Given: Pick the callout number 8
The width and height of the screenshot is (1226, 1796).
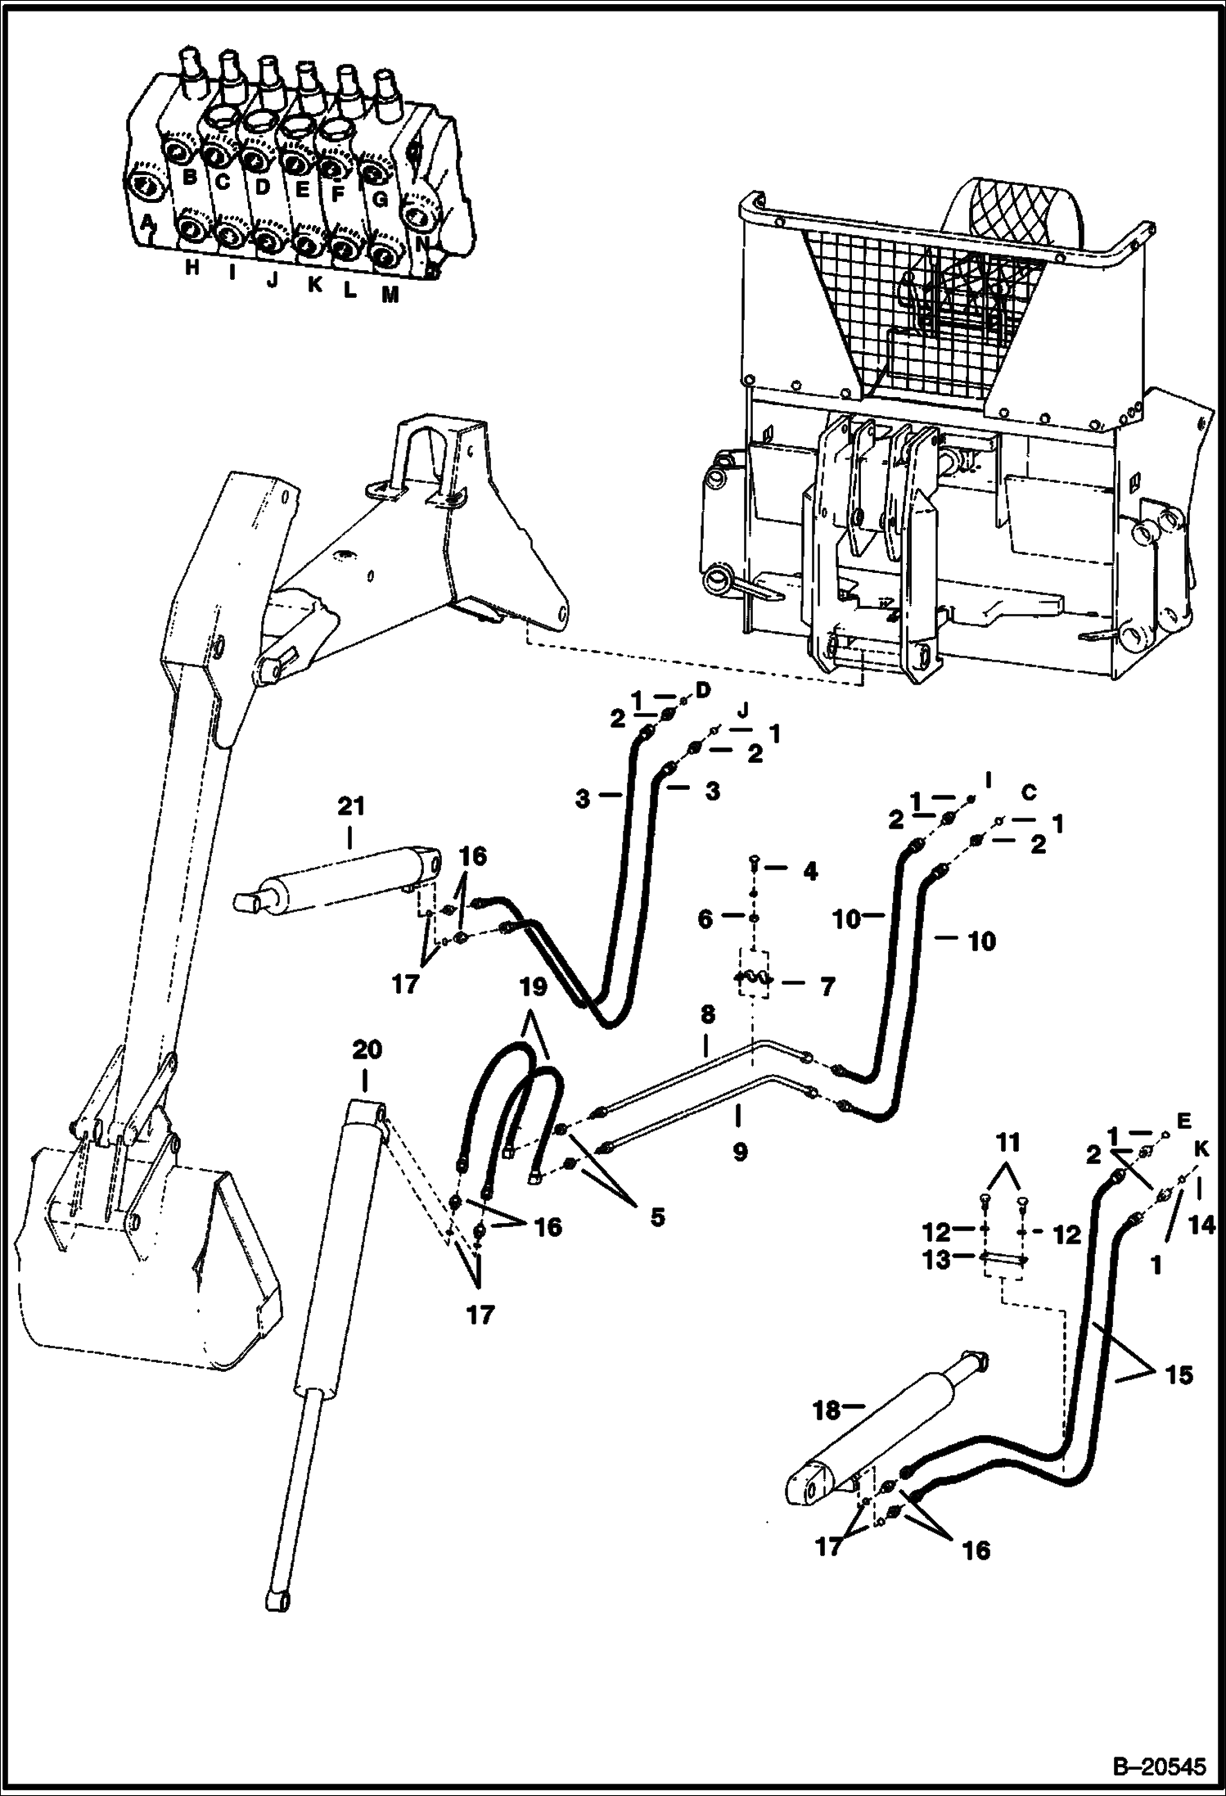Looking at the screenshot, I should (x=707, y=1016).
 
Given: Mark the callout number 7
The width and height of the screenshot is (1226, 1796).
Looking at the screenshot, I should (x=827, y=986).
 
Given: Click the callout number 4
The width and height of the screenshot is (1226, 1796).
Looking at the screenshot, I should (x=809, y=872).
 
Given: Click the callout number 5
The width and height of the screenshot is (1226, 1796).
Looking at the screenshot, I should (x=652, y=1217).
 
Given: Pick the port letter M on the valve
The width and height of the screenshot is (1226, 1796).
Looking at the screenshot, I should (x=390, y=295).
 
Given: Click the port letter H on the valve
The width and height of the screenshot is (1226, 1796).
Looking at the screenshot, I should (x=192, y=268).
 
